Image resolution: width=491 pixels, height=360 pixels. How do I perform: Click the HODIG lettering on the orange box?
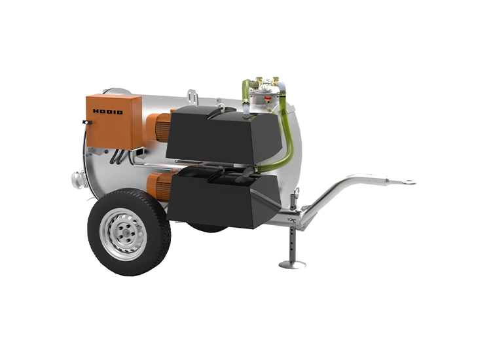pos(107,112)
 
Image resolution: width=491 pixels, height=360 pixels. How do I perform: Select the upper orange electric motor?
pos(158,127)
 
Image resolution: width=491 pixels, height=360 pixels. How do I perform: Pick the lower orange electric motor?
pos(159,187)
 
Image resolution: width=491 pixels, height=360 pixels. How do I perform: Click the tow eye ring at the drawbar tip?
pos(409,182)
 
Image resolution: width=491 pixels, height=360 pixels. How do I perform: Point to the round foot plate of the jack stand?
pos(292,265)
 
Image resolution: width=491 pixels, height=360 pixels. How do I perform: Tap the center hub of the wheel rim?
pos(124,233)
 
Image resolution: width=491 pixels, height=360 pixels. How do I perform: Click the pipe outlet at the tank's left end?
pos(78,179)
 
